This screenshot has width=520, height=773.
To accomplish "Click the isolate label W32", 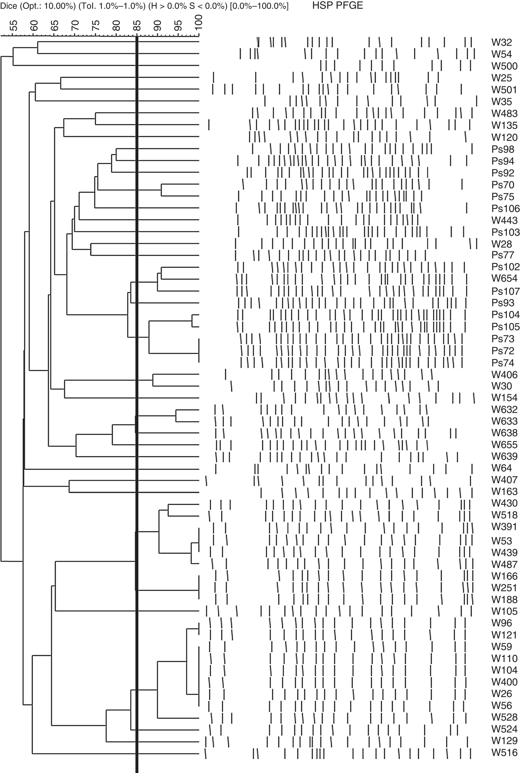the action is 502,42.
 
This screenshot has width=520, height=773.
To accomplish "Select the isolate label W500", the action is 504,66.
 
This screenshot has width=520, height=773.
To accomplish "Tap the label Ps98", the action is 503,149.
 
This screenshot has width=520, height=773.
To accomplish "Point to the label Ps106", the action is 505,208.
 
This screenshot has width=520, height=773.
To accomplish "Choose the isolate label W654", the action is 504,278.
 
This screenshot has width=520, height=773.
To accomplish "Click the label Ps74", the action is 503,363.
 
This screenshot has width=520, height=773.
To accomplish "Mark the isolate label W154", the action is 504,398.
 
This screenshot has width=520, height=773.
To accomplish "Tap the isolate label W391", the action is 504,527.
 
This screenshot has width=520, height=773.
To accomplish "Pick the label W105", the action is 504,611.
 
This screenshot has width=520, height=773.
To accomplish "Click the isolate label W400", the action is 504,682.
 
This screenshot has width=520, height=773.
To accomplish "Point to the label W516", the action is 504,753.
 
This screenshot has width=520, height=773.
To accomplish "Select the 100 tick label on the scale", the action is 198,23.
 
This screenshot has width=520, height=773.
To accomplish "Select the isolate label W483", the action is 504,114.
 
